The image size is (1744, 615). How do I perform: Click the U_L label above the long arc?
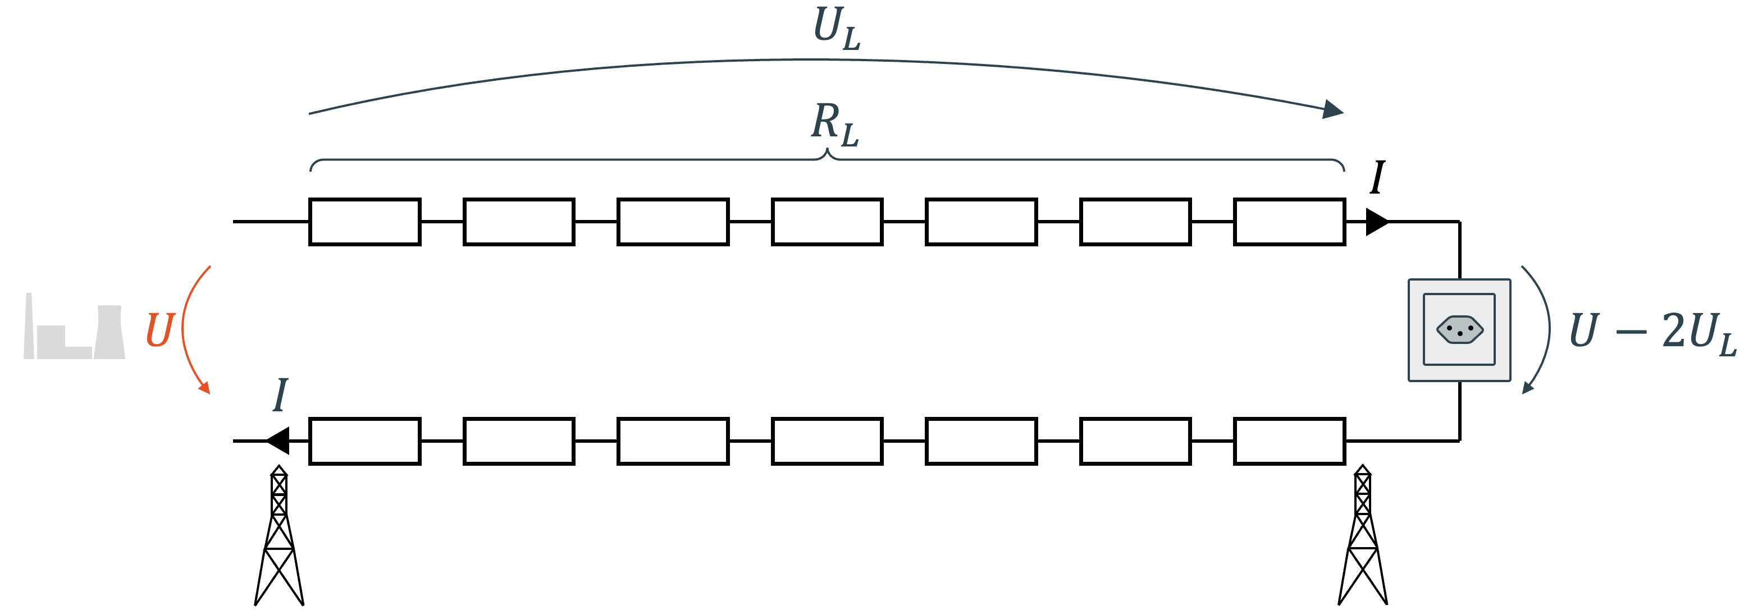pos(837,29)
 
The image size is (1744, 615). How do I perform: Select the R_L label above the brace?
pos(835,125)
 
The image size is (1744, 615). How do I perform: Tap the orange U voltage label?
pos(161,330)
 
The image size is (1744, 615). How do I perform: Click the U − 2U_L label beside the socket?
pos(1652,332)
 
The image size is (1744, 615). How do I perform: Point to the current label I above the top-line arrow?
pos(1377,178)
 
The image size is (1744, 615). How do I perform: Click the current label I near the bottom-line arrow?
pos(280,395)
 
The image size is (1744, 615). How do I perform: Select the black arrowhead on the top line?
pos(1376,222)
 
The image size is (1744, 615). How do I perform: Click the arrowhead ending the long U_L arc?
pos(1332,109)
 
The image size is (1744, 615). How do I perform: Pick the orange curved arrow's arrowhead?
pos(204,388)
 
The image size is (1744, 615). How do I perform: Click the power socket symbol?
pos(1459,330)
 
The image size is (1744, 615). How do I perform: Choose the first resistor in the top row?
pos(365,222)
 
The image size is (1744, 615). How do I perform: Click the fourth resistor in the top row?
pos(827,222)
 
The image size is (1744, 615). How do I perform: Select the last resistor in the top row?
pos(1289,222)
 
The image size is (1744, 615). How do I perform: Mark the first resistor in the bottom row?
pos(365,441)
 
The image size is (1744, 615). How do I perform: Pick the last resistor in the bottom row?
pos(1289,441)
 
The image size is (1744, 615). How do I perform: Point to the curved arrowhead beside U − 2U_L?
pos(1528,388)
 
